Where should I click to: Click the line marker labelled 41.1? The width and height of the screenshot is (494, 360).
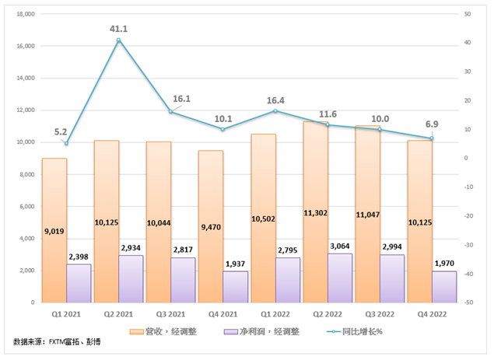point(118,40)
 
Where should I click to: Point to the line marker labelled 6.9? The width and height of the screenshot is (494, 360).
point(431,138)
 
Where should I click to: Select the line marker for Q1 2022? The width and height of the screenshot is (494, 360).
point(275,111)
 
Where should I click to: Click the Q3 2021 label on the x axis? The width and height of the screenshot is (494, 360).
point(170,313)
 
